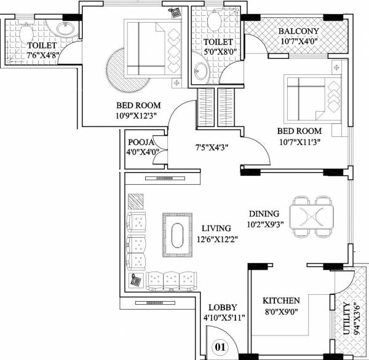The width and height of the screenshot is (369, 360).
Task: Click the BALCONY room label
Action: point(298,31)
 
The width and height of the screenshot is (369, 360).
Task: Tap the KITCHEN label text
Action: point(281,300)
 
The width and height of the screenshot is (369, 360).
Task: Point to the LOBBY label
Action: point(223,307)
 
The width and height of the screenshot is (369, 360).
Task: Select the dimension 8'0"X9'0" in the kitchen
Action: point(281,311)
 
